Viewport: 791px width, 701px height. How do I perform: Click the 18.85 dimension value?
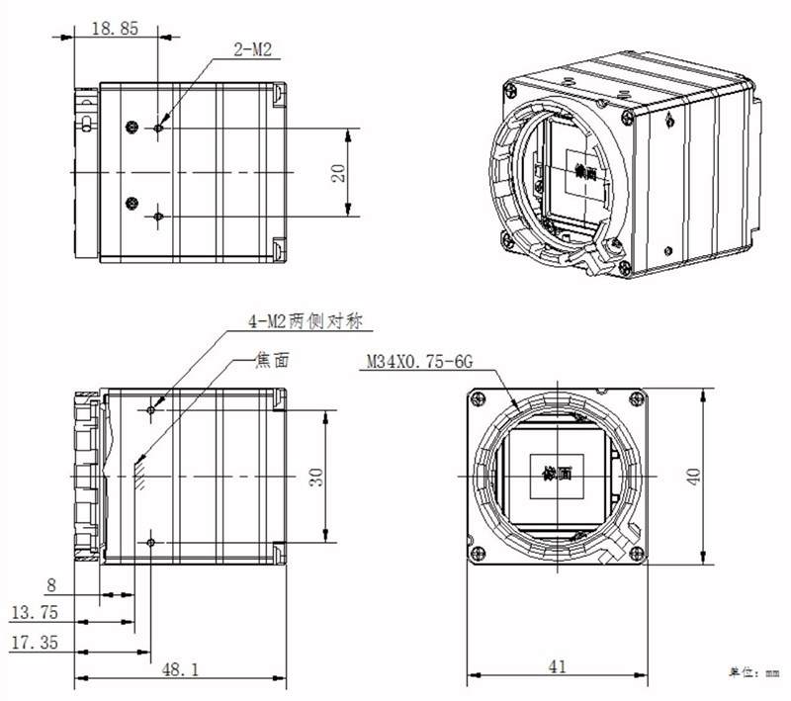click(115, 30)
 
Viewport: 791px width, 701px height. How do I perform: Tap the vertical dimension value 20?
click(338, 172)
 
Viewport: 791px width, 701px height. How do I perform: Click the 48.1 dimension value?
click(181, 669)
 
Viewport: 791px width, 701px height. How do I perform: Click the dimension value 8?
click(50, 584)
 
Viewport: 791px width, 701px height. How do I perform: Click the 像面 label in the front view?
click(557, 474)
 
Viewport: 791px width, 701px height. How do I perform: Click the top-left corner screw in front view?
click(480, 398)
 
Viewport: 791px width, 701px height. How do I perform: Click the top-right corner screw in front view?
click(634, 398)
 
